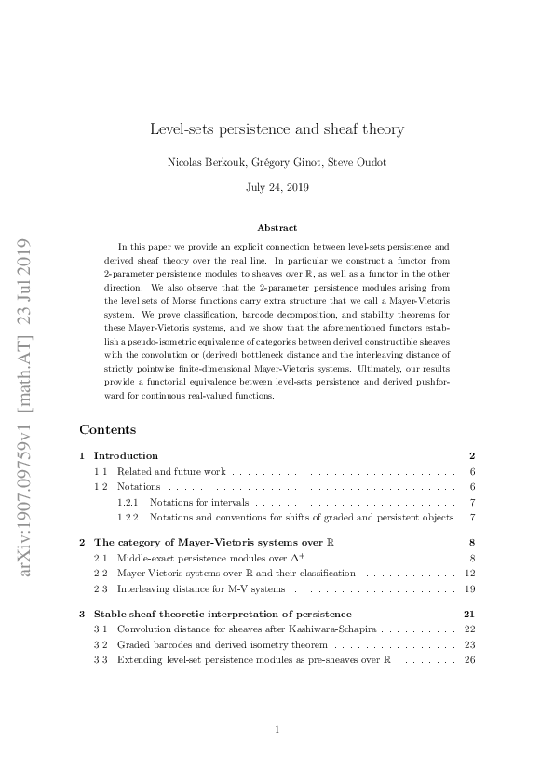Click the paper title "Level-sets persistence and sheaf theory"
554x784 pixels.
point(277,128)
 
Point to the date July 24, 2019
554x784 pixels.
point(277,187)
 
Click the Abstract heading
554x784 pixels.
point(277,228)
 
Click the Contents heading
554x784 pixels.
point(108,430)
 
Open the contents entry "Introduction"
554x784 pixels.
point(126,456)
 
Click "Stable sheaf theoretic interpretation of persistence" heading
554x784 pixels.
point(223,615)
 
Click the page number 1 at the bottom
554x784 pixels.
point(277,730)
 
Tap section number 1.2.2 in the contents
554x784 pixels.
point(128,517)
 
